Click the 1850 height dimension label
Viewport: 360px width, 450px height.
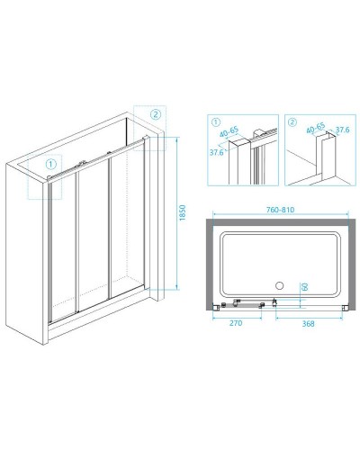tap(183, 212)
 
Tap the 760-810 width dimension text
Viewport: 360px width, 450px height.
tap(281, 210)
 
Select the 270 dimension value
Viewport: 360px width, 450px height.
tap(236, 323)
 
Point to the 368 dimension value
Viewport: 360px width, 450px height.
tap(308, 324)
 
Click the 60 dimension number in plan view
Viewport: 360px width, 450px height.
tap(304, 287)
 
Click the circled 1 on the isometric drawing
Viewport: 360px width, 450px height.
tap(50, 164)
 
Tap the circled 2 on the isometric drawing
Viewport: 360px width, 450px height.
tap(156, 114)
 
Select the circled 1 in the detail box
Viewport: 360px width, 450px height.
tap(216, 122)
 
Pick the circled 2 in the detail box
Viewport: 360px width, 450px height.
tap(292, 122)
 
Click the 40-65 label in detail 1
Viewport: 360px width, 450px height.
tap(229, 131)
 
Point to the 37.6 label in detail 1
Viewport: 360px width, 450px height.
tap(216, 152)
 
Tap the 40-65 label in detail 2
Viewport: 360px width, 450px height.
tap(316, 128)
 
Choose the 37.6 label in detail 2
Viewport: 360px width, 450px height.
tap(342, 130)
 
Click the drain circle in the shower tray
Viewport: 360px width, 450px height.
tap(280, 285)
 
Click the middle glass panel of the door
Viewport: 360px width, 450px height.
tap(93, 237)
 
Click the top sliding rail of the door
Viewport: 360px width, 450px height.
tap(97, 159)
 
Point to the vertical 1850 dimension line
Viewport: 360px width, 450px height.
tap(177, 213)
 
